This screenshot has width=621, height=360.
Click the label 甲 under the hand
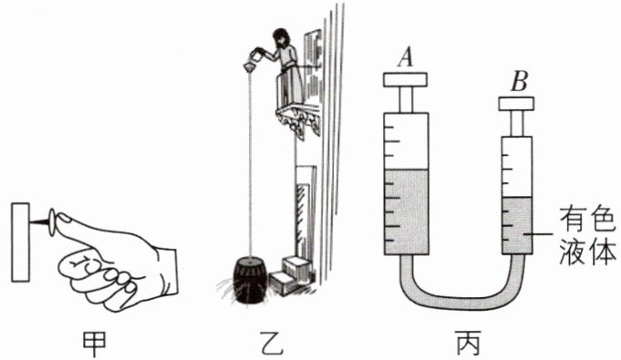pyautogui.click(x=94, y=344)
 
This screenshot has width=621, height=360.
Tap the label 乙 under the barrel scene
pyautogui.click(x=272, y=344)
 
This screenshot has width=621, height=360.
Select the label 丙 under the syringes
pyautogui.click(x=469, y=344)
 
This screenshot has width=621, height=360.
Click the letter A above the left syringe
pyautogui.click(x=405, y=57)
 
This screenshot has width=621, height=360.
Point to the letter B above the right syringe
pyautogui.click(x=519, y=82)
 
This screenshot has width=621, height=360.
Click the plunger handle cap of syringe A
pyautogui.click(x=405, y=79)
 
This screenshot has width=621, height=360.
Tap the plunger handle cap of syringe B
pyautogui.click(x=516, y=103)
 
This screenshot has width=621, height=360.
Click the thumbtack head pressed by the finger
pyautogui.click(x=52, y=222)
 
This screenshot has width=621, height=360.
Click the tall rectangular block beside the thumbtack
pyautogui.click(x=21, y=242)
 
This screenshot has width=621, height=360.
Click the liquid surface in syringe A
pyautogui.click(x=407, y=170)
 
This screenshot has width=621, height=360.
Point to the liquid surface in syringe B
pyautogui.click(x=517, y=197)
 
